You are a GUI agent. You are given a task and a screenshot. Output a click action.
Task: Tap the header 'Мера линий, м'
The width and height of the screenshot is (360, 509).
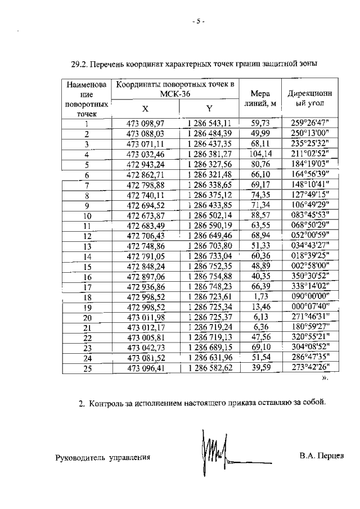pyautogui.click(x=259, y=98)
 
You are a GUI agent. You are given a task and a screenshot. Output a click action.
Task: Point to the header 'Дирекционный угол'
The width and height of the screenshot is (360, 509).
pyautogui.click(x=307, y=98)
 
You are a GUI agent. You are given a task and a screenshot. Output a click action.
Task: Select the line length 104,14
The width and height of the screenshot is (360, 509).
pyautogui.click(x=260, y=154)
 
